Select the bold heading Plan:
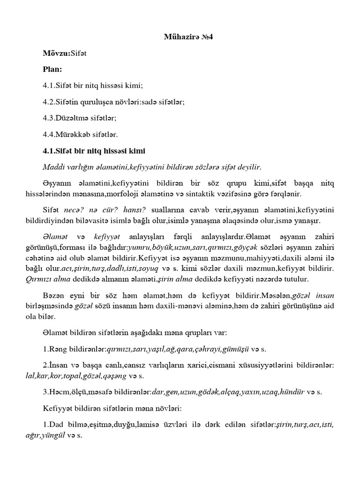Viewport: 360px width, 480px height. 52,69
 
